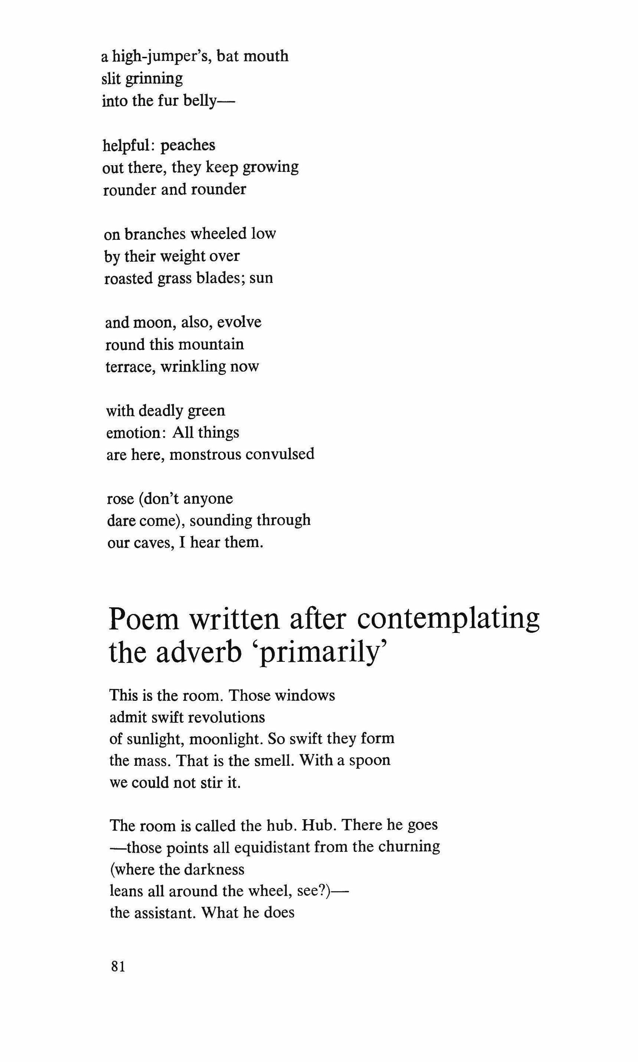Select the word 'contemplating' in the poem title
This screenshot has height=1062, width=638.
point(448,620)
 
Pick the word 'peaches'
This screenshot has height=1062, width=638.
point(188,146)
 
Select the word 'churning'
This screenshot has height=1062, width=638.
point(410,847)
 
